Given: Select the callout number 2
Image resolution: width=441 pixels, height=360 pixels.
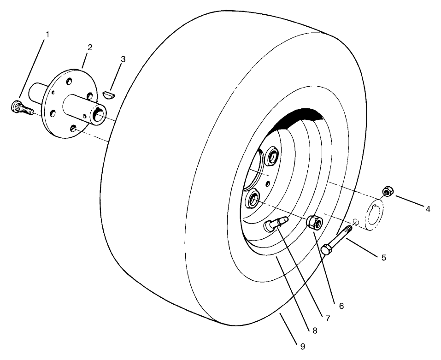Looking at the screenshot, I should tap(90, 47).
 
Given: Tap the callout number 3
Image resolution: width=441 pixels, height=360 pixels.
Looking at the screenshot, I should tap(123, 59).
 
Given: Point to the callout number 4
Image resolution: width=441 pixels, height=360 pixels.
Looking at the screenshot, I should tap(428, 209).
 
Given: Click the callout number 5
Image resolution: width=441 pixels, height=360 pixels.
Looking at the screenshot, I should tap(383, 257).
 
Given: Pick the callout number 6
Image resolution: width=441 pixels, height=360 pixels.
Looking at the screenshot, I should tap(341, 306).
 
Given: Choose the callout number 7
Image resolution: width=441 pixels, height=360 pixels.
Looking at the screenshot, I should tap(327, 319).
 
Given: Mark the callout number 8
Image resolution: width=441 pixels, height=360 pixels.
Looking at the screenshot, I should tap(314, 330).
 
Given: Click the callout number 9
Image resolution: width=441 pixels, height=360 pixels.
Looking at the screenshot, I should tap(302, 346).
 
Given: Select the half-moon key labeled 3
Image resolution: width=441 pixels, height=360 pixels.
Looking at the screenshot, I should tap(109, 94).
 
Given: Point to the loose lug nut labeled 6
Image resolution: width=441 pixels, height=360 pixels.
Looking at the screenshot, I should tap(314, 222).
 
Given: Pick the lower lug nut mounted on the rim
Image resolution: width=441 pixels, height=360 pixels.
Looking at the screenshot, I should tap(254, 200).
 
